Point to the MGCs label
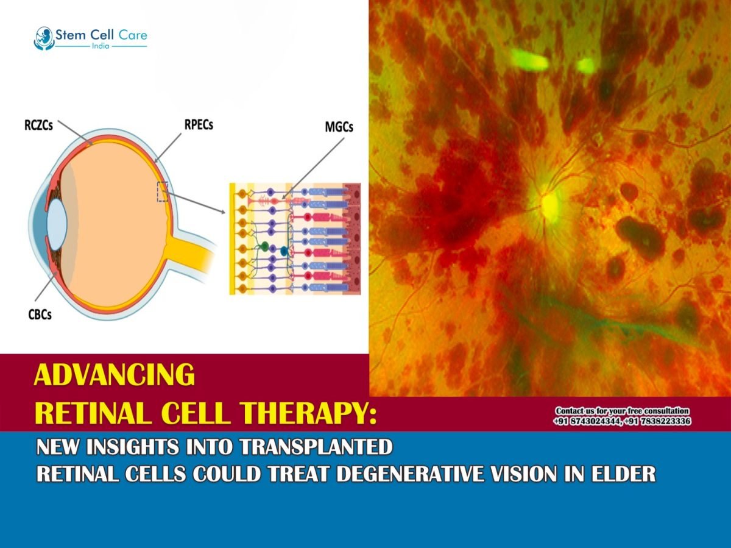coord(339,128)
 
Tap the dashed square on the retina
coord(162,191)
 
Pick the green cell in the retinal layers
coord(264,246)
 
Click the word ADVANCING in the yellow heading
coord(115,375)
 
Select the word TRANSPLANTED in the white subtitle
coord(316,447)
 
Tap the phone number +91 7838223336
coord(659,421)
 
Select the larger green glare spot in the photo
coord(529,59)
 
